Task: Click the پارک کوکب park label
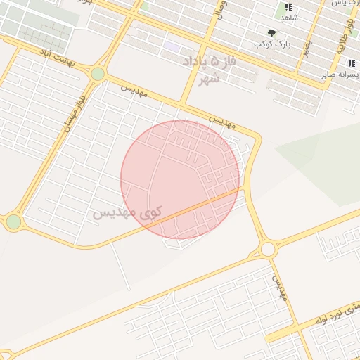pyautogui.click(x=271, y=44)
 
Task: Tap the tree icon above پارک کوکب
pyautogui.click(x=271, y=32)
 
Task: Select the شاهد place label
pyautogui.click(x=290, y=17)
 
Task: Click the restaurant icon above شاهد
pyautogui.click(x=288, y=6)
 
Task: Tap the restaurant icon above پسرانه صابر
pyautogui.click(x=351, y=63)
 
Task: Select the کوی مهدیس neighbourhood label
pyautogui.click(x=127, y=211)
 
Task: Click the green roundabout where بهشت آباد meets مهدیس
pyautogui.click(x=98, y=73)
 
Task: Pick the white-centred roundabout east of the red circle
pyautogui.click(x=267, y=249)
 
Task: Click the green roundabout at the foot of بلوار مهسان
pyautogui.click(x=13, y=222)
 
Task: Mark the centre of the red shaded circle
pyautogui.click(x=180, y=179)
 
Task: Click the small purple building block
pyautogui.click(x=172, y=46)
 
